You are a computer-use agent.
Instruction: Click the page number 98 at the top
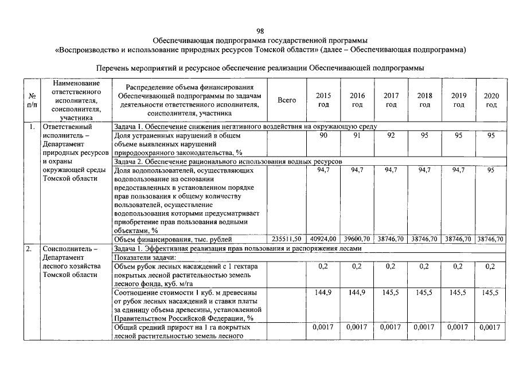260,31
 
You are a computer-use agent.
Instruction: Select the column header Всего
287,100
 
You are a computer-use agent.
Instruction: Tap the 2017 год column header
391,100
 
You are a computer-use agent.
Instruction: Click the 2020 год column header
491,100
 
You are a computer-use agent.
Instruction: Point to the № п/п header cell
32,100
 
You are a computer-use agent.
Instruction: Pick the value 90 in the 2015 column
323,135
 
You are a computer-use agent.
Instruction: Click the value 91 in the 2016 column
357,135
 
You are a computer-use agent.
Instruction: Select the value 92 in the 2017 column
391,135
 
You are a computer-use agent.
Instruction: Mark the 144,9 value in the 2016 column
357,292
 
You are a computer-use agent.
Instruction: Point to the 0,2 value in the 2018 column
425,266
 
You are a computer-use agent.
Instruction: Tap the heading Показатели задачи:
146,257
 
